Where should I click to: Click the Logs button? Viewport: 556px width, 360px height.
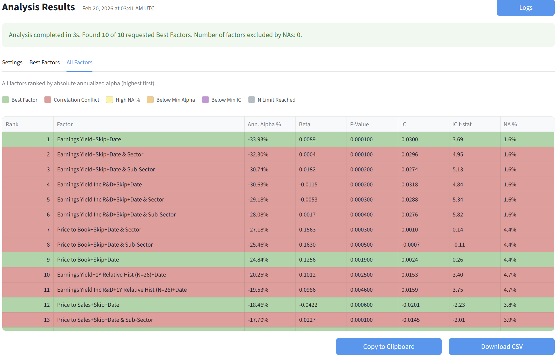526,8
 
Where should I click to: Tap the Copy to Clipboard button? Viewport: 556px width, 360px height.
388,347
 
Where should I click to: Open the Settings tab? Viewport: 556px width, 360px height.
12,62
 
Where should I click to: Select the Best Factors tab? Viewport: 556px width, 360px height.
45,62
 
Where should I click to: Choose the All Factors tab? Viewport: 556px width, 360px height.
79,62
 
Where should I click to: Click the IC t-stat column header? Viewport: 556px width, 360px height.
462,124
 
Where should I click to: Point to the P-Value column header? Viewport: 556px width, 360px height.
359,124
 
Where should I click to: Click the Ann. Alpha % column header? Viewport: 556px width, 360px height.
264,124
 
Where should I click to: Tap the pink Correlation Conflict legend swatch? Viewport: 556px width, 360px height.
48,100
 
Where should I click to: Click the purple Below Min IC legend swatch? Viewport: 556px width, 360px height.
205,100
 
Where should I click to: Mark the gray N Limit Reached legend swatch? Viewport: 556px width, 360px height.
251,100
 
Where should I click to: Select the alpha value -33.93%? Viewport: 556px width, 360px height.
258,139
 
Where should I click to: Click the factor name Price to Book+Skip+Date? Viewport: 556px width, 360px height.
88,260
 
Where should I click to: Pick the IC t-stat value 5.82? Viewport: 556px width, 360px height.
458,214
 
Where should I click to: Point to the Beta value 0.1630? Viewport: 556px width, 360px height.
307,245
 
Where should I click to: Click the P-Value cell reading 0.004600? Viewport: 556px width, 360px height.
361,290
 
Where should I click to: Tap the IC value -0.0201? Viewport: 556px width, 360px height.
410,305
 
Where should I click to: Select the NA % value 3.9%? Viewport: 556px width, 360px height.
510,320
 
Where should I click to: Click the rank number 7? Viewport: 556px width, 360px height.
48,230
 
